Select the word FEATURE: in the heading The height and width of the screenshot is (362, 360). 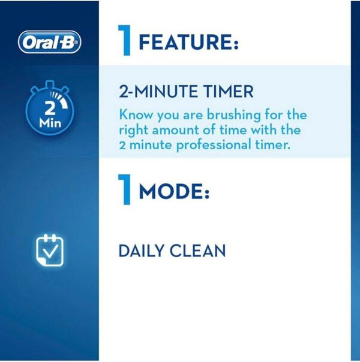point(188,44)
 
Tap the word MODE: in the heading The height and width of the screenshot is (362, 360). point(174,192)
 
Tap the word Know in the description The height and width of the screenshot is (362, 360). point(134,114)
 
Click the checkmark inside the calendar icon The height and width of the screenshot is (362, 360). point(51,254)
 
